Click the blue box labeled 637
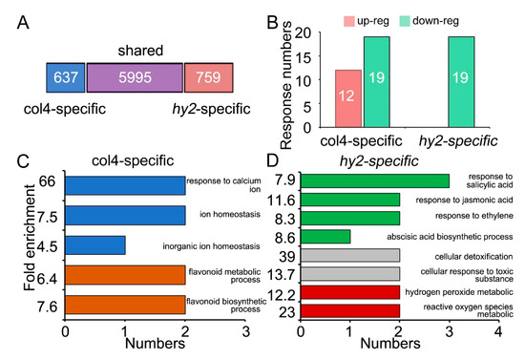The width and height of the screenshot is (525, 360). (65, 77)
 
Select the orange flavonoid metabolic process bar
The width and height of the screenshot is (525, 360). (124, 278)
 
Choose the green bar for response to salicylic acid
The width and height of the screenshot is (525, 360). (375, 180)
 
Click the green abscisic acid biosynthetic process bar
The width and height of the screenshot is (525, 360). (326, 235)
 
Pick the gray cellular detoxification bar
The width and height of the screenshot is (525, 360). (350, 256)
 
